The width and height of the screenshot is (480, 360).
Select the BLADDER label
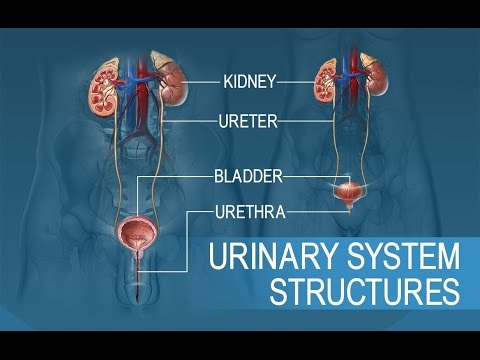[248, 176]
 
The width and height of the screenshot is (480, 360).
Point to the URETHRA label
[251, 212]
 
